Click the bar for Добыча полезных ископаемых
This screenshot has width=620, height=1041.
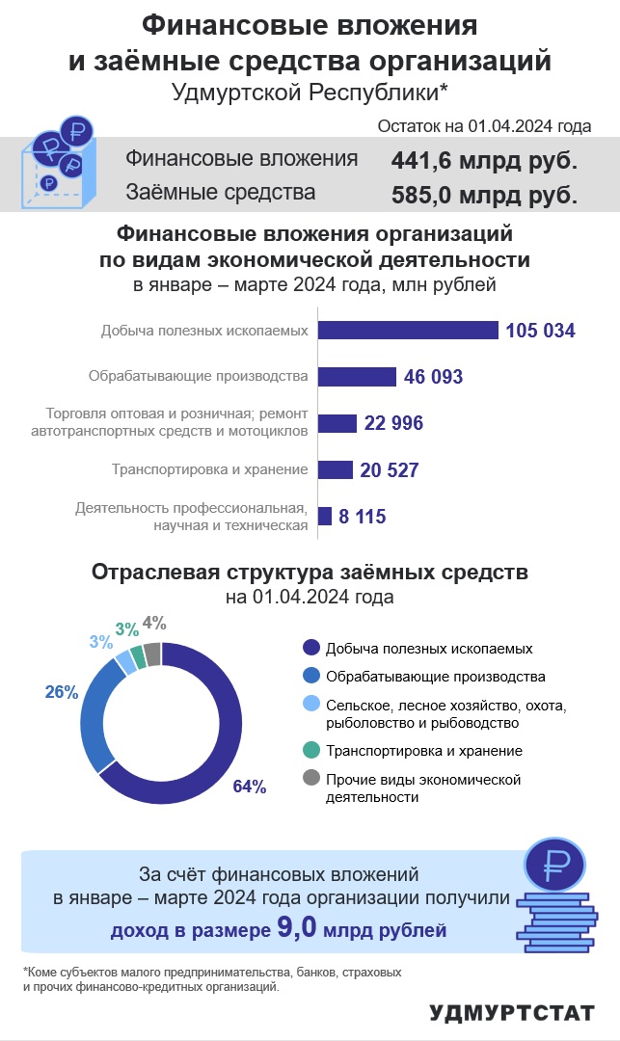click(x=408, y=330)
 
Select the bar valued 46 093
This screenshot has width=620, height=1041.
click(x=357, y=377)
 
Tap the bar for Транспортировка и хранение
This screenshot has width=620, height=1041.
click(x=336, y=469)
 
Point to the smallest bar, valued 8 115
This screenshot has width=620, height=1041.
click(x=325, y=516)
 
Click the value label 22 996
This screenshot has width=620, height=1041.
click(x=393, y=423)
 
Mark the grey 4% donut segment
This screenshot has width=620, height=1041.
click(x=152, y=654)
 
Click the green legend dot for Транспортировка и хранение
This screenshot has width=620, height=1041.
click(x=311, y=750)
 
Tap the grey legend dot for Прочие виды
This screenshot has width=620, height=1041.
click(x=311, y=778)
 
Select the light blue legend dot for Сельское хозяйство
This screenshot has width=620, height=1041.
click(x=311, y=705)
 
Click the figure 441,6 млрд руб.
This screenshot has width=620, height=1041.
click(x=484, y=161)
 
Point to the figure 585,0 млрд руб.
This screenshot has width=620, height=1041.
click(x=484, y=195)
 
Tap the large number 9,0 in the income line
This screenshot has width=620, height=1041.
click(x=297, y=927)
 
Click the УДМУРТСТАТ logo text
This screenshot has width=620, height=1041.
click(x=512, y=1013)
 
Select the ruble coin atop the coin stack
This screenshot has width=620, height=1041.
click(x=555, y=865)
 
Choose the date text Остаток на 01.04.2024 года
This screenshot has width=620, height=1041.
click(x=484, y=126)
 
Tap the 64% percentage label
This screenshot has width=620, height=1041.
click(x=250, y=787)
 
